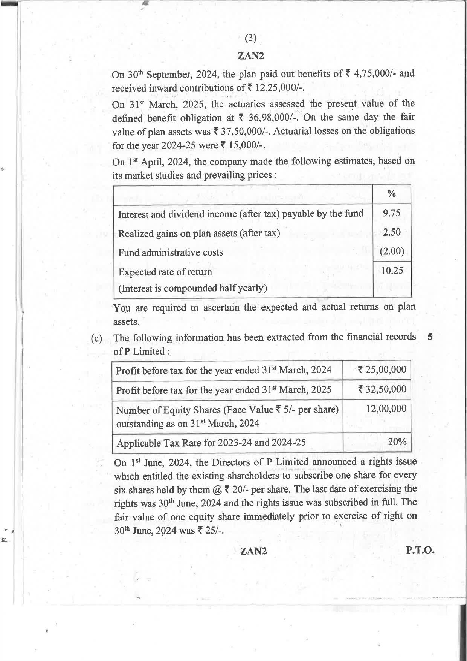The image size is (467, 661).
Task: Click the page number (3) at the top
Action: tap(250, 38)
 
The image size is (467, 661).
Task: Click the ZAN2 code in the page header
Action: tap(250, 56)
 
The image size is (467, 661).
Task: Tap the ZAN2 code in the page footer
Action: tap(253, 551)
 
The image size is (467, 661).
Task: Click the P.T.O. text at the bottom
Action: tap(420, 550)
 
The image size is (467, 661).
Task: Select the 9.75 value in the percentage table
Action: tap(391, 213)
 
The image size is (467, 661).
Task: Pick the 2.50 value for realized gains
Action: tap(391, 232)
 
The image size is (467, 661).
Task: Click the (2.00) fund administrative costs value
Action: tap(392, 251)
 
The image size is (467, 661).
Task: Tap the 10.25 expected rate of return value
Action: tap(392, 271)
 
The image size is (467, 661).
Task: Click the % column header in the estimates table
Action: tap(391, 194)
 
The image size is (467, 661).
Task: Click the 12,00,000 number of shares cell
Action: tap(386, 409)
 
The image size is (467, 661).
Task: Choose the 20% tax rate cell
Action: tap(397, 442)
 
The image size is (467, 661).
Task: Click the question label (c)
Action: tap(97, 338)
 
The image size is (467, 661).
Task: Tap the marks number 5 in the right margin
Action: tap(430, 337)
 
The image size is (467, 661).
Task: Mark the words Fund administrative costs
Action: tap(170, 252)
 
